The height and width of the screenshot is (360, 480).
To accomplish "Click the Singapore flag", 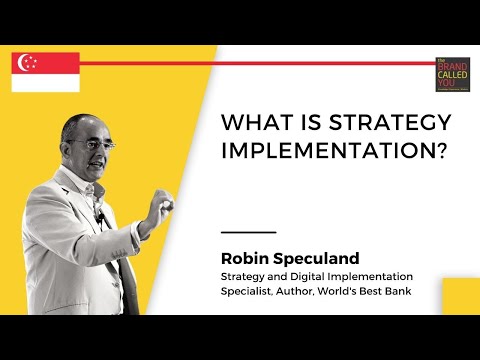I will click(x=45, y=72).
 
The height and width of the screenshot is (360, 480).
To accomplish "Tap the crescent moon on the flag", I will click(x=26, y=62).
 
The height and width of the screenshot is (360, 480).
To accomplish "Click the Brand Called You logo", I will click(x=452, y=74).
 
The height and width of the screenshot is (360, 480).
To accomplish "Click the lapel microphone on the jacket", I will click(x=99, y=216).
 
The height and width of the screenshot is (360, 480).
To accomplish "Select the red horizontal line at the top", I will click(x=250, y=63).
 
